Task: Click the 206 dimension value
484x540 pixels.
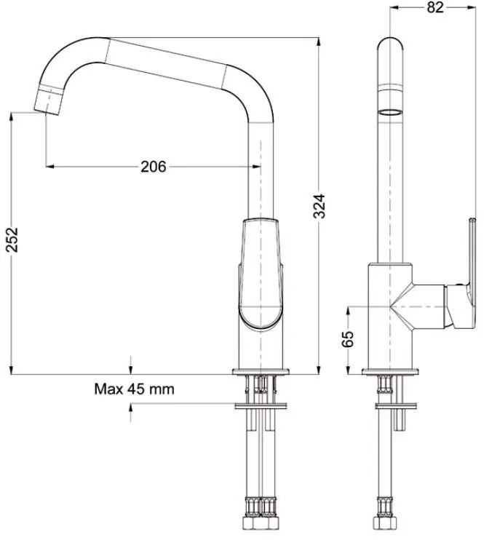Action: [x=153, y=167]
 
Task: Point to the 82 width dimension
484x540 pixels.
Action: [x=435, y=8]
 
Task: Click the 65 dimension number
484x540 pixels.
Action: [x=349, y=338]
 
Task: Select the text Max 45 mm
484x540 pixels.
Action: [x=135, y=389]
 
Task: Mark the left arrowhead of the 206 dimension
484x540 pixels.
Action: [x=50, y=167]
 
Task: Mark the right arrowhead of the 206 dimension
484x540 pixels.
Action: [x=254, y=167]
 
